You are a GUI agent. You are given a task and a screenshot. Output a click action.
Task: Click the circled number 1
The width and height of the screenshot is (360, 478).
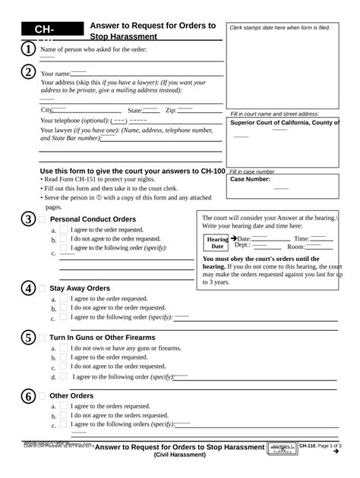27,49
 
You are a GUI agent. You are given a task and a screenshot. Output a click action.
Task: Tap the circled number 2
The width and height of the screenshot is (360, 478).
27,73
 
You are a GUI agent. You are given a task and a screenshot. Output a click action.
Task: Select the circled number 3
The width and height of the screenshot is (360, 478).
27,219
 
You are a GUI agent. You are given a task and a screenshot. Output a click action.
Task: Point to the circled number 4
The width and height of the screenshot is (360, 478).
27,288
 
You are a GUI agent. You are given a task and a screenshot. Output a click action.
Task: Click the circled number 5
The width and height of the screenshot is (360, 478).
27,338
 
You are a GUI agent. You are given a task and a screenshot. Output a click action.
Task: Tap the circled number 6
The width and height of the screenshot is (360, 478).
27,396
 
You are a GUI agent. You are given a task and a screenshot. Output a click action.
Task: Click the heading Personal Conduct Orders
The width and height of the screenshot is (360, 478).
93,219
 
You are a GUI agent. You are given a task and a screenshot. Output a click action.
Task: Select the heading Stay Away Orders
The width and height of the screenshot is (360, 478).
80,288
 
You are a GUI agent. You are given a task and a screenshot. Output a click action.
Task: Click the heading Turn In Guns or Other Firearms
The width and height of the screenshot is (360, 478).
102,338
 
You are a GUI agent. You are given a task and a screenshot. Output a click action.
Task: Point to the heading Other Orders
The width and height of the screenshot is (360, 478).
71,396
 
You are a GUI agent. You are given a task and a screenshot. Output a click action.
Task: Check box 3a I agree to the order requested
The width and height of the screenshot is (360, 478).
65,230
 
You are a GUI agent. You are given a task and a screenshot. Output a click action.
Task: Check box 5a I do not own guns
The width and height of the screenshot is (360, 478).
65,348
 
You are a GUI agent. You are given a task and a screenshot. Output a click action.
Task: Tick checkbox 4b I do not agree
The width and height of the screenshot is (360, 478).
65,308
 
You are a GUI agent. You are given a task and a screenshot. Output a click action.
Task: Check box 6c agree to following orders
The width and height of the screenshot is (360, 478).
65,425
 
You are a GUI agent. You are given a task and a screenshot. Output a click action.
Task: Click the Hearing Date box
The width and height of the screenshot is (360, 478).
217,243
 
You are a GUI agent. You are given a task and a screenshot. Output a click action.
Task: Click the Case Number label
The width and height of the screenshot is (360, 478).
250,180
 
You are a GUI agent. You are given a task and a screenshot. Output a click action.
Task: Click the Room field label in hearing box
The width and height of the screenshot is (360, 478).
295,247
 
